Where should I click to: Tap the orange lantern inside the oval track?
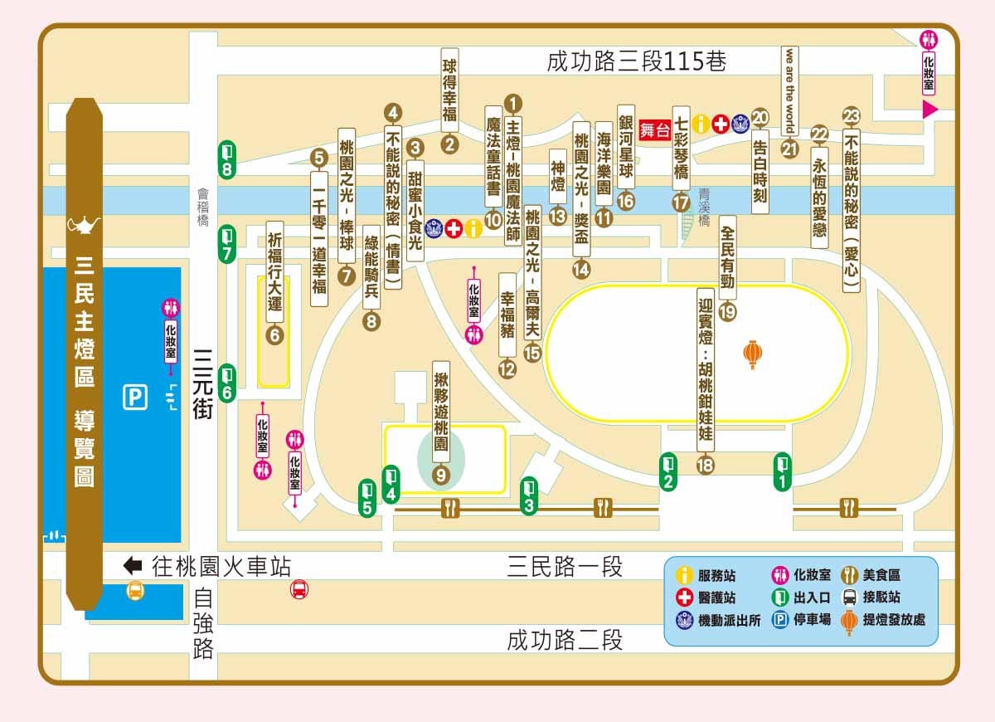tap(752, 354)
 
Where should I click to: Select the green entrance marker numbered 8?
tap(228, 159)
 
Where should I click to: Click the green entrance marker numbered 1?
tap(782, 471)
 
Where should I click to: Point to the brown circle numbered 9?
tap(440, 475)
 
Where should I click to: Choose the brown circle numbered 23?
tap(851, 116)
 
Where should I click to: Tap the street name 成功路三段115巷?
tap(636, 61)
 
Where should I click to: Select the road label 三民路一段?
tap(564, 568)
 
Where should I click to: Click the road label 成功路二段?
tap(564, 640)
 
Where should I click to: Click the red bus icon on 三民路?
tap(299, 589)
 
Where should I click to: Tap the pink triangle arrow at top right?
tap(929, 110)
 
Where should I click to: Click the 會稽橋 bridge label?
tap(203, 207)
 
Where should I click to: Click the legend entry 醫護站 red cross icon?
tap(684, 598)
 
